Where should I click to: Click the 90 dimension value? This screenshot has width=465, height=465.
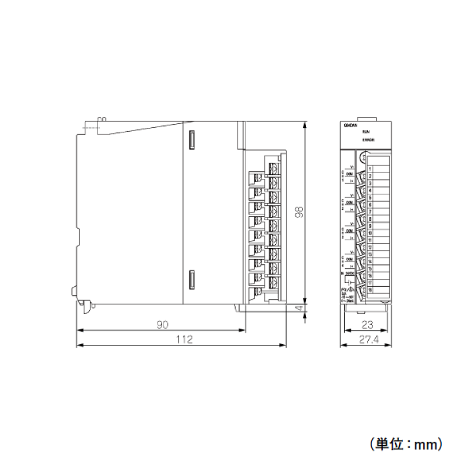coord(161,324)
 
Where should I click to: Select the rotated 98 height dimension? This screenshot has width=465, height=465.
coord(299,212)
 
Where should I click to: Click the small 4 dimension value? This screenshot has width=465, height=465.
coord(299,309)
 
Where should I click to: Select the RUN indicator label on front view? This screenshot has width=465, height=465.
coord(366,132)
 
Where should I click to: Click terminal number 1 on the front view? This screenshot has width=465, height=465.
coord(370,169)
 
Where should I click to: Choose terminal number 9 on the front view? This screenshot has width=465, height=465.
coord(370,225)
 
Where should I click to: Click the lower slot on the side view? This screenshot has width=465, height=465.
coord(191,281)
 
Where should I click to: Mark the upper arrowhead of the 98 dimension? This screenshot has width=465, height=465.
coord(304,124)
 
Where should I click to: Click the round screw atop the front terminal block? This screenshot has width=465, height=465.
coord(363,157)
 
